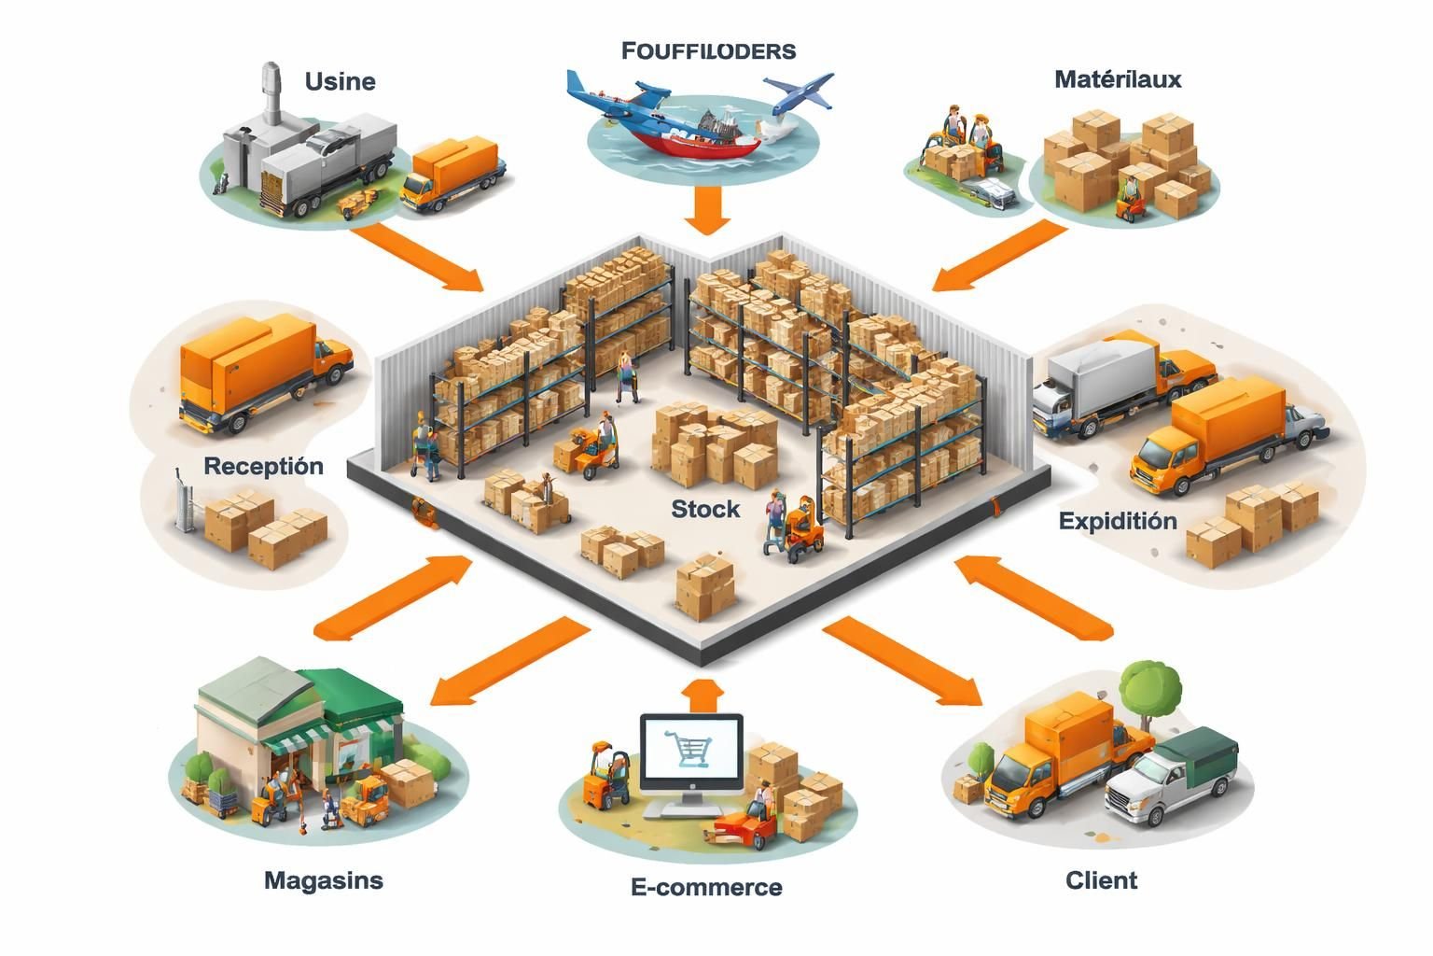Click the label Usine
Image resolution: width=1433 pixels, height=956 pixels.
coord(340,81)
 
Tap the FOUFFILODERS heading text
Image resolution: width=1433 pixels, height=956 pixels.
coord(708,50)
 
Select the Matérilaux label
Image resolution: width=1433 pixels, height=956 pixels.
coord(1118,79)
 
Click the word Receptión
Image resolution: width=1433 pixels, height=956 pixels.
coord(263,466)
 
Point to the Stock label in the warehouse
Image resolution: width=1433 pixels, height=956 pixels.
coord(705,509)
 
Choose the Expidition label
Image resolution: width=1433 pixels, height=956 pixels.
coord(1118,521)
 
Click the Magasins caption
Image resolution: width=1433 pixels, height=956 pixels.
coord(323,879)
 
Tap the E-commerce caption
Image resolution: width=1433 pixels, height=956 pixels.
coord(706,887)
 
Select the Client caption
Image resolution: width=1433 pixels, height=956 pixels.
coord(1101,879)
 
